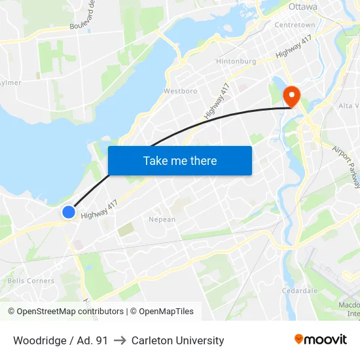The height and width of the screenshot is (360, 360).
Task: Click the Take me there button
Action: point(180,161)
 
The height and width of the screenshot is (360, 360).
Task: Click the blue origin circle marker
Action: point(69,211)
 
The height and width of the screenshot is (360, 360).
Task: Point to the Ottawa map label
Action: point(302,7)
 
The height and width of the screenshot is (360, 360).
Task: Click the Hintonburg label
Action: point(236,62)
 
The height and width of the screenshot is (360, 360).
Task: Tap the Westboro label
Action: point(181,91)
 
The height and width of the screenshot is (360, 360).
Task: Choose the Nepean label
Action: point(162,219)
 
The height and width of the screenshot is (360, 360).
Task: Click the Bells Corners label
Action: point(31,281)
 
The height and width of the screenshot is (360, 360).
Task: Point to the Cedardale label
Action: point(299,290)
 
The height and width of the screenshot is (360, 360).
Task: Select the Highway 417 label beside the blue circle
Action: point(98,209)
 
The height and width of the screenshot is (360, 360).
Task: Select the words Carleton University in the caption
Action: point(177,340)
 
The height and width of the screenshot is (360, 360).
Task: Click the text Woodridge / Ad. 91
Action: point(60,340)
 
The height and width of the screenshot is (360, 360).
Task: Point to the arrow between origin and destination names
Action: point(120,340)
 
